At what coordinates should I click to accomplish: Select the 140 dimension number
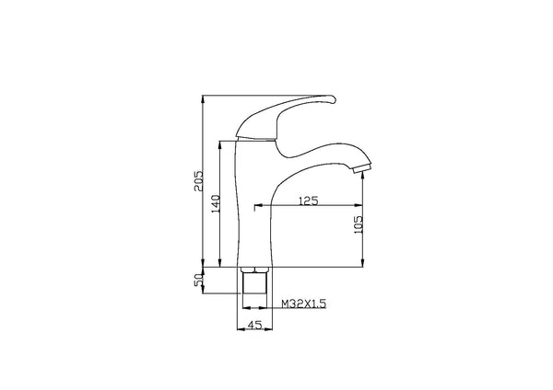coord(215,204)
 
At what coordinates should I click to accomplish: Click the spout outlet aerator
coord(360,166)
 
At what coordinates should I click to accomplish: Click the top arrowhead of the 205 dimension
coord(203,98)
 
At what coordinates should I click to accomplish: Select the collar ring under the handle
coord(253,138)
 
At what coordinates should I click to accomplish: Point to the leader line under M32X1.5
coord(300,309)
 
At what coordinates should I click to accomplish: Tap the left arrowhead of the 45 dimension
coord(241,327)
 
